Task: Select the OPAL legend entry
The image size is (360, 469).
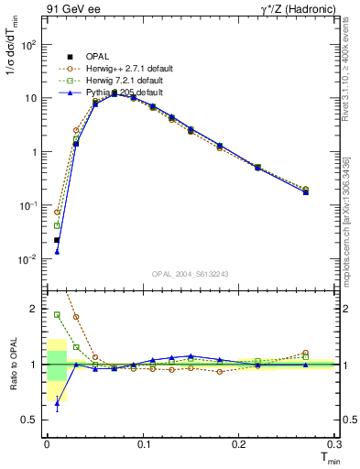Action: click(x=88, y=57)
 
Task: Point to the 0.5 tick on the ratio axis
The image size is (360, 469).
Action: click(x=34, y=420)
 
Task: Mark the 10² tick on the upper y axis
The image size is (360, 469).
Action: click(x=32, y=44)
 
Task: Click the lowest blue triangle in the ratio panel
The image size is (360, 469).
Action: click(x=57, y=401)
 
